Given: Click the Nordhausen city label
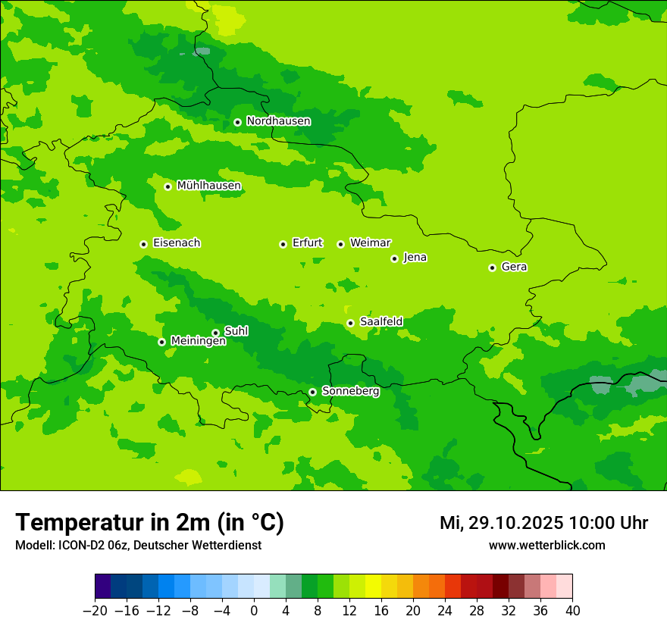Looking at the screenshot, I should [x=278, y=121].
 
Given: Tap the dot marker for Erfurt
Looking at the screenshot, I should [x=283, y=244].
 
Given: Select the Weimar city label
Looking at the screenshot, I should [x=370, y=243].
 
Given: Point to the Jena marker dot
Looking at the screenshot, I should [x=394, y=258].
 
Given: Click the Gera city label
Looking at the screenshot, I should [x=514, y=267].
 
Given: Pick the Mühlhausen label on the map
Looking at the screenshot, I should [x=208, y=186].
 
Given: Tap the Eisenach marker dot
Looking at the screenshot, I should [x=143, y=244].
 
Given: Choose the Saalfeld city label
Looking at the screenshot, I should [x=380, y=322].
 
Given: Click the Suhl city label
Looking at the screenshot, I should [x=236, y=331].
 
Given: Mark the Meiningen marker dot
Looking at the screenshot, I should [x=161, y=342].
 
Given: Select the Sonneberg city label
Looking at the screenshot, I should [x=350, y=391].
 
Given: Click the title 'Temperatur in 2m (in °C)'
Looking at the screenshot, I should [x=149, y=523].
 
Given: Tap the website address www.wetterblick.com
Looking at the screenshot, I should [x=546, y=546].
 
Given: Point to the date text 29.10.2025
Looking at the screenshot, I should [x=515, y=523].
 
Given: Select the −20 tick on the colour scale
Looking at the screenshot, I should [x=95, y=611].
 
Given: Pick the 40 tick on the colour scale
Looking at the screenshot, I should [x=572, y=611].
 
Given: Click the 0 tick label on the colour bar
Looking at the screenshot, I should [x=254, y=611].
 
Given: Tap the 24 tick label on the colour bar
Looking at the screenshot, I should [x=445, y=611].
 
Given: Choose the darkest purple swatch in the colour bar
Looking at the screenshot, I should [x=102, y=587].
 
